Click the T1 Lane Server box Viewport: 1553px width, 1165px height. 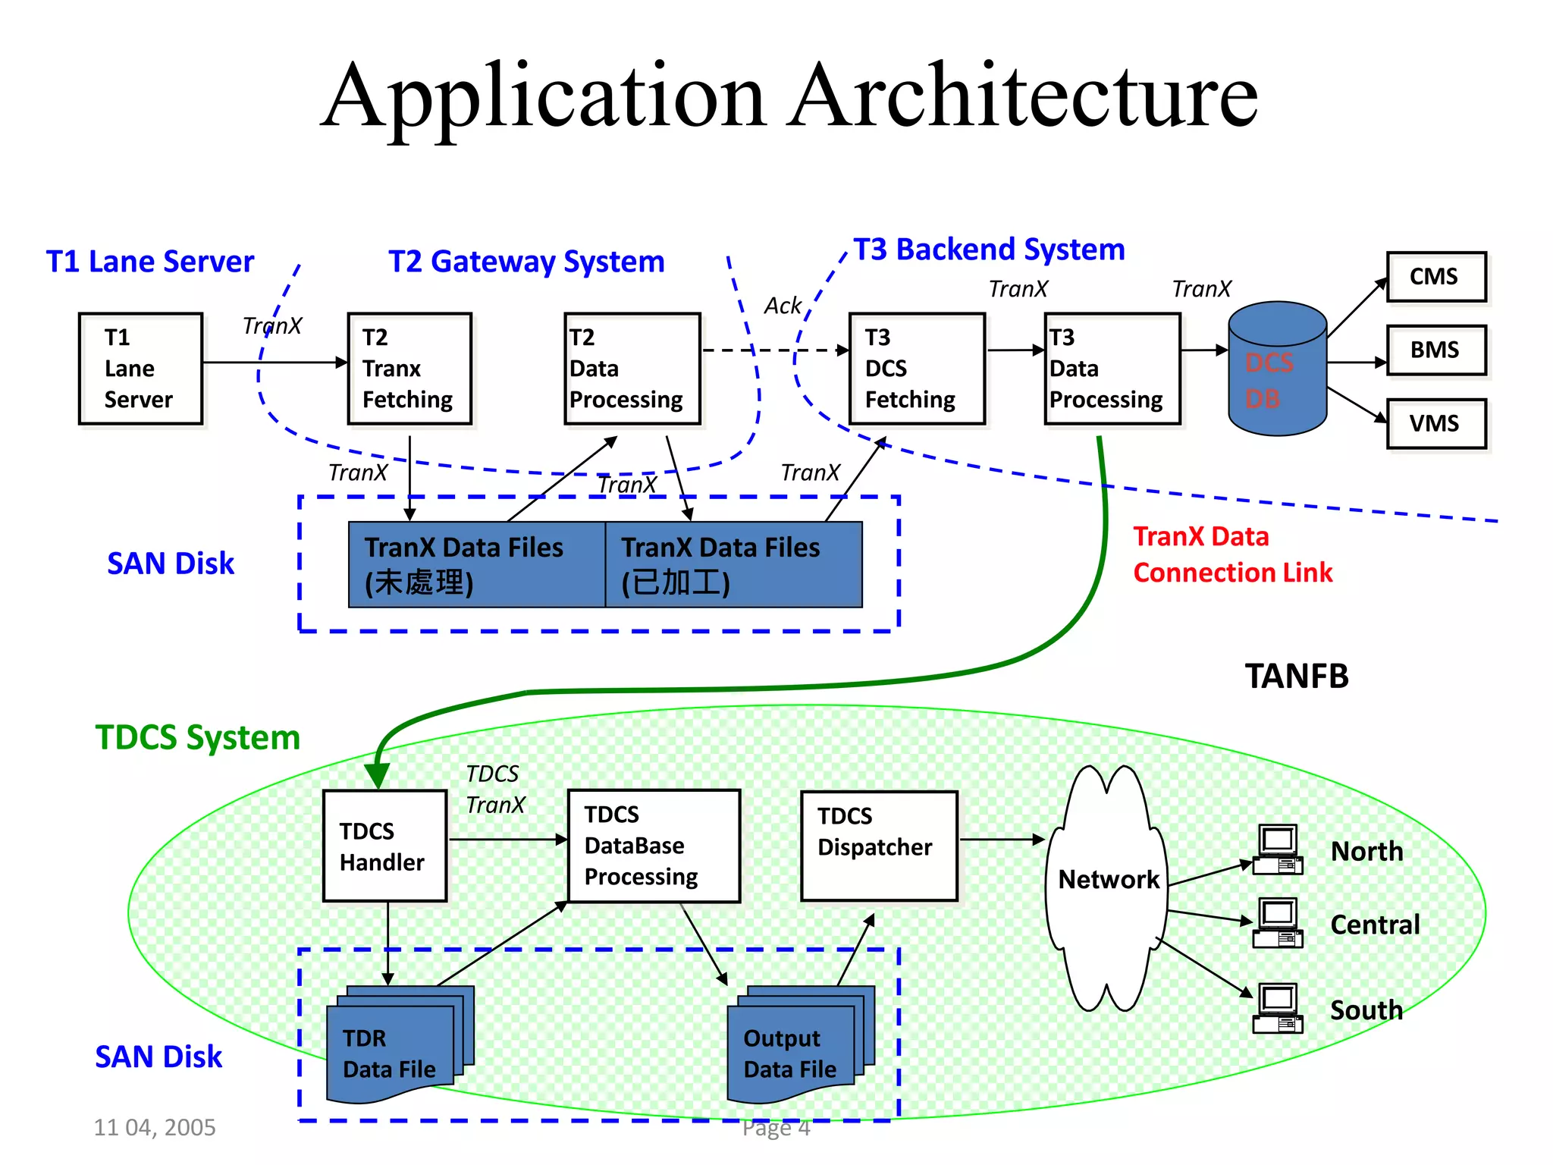point(140,369)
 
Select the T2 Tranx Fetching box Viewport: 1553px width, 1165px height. point(409,369)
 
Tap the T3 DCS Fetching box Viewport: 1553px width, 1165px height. point(917,369)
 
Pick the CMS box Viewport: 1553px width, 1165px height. point(1435,277)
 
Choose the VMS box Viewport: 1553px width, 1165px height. point(1435,423)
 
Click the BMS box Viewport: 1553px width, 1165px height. point(1435,350)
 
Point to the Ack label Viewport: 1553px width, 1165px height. point(783,306)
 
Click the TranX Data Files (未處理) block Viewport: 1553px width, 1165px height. point(476,564)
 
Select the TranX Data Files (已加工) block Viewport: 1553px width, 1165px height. point(733,564)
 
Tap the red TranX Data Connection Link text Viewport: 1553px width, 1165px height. point(1232,554)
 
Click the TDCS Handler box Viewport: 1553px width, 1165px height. point(384,846)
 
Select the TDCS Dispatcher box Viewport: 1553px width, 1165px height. point(879,846)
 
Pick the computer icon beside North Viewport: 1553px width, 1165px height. point(1278,849)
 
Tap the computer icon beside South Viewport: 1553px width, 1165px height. point(1278,1008)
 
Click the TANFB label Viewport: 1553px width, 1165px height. point(1296,676)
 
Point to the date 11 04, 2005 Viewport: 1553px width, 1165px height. point(155,1127)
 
